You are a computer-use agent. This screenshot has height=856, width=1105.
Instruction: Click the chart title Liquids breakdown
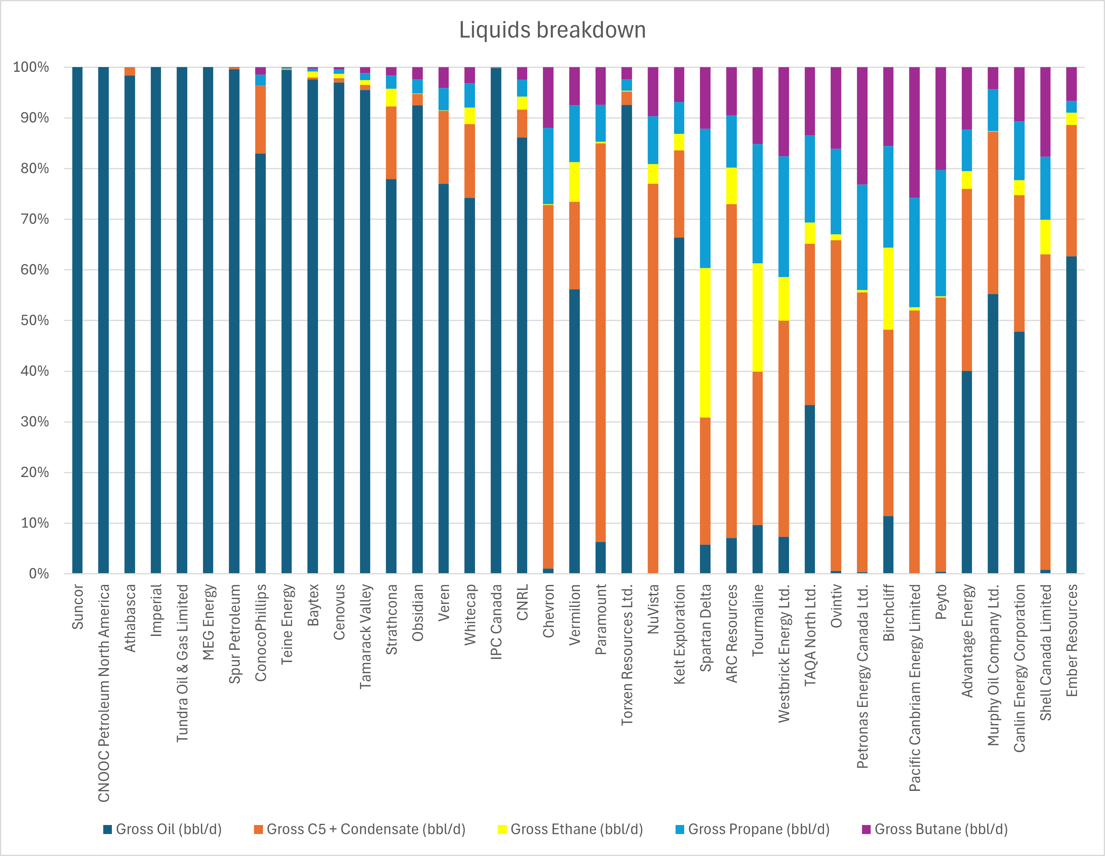(x=552, y=30)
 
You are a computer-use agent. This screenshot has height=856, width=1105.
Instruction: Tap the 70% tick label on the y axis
(x=35, y=219)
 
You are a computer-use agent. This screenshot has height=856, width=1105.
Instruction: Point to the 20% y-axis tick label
(x=35, y=472)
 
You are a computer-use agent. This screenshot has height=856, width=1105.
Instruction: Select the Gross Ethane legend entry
(x=576, y=829)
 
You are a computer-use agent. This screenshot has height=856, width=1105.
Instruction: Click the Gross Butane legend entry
(x=940, y=829)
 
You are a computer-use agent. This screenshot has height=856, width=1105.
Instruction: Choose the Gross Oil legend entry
(x=168, y=829)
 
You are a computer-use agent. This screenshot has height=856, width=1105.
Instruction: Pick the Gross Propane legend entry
(x=758, y=829)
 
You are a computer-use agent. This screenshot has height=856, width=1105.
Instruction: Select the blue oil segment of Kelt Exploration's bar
(x=679, y=405)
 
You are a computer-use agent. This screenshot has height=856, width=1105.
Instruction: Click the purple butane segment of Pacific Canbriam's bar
(x=914, y=132)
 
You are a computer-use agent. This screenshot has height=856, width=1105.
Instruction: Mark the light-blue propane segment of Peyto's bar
(x=941, y=233)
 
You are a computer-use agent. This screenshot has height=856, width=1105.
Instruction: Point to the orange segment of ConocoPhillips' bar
(x=261, y=119)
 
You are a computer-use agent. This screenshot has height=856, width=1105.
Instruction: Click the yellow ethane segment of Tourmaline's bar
(x=758, y=317)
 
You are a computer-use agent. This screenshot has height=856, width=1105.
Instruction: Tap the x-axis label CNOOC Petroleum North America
(x=104, y=693)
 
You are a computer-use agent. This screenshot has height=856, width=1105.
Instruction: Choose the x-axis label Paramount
(x=601, y=619)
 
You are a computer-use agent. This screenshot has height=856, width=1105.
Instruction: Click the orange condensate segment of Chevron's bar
(x=548, y=387)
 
